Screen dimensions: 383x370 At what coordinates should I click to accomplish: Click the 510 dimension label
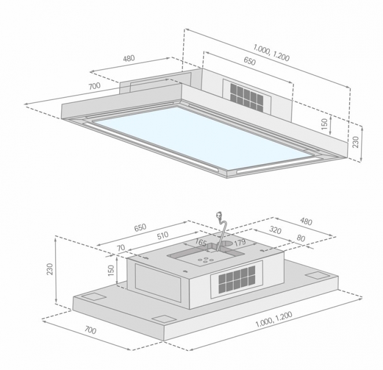point(163,235)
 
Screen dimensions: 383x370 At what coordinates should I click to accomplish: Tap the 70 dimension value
point(121,248)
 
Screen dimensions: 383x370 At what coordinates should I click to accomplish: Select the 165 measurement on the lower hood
point(201,242)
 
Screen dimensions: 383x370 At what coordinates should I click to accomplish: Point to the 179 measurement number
point(240,243)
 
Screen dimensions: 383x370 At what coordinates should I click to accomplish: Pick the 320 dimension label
point(275,230)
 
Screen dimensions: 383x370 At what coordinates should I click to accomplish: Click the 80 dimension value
point(301,238)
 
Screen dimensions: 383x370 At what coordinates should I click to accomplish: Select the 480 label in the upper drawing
point(128,58)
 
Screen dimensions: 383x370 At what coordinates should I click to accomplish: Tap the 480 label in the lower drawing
point(306,221)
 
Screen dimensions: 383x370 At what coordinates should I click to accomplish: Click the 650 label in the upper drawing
point(249,61)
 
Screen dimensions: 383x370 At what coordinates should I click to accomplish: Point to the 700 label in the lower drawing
point(90,330)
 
